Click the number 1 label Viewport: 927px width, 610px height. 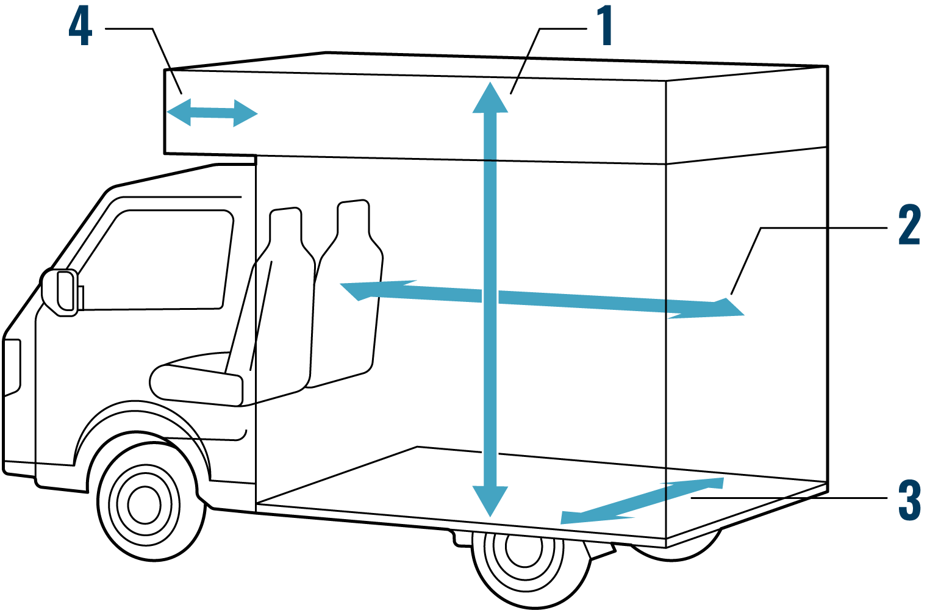(x=604, y=26)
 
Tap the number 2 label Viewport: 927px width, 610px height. (x=909, y=225)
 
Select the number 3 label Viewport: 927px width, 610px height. (x=909, y=500)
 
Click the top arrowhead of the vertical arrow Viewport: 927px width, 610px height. (x=490, y=99)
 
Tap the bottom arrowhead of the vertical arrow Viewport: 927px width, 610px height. (x=490, y=500)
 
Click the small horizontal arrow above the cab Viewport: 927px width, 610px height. (x=212, y=113)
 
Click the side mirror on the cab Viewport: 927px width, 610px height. (x=61, y=292)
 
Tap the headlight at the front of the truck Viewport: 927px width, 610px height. (x=12, y=366)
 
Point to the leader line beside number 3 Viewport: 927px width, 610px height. (x=750, y=498)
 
